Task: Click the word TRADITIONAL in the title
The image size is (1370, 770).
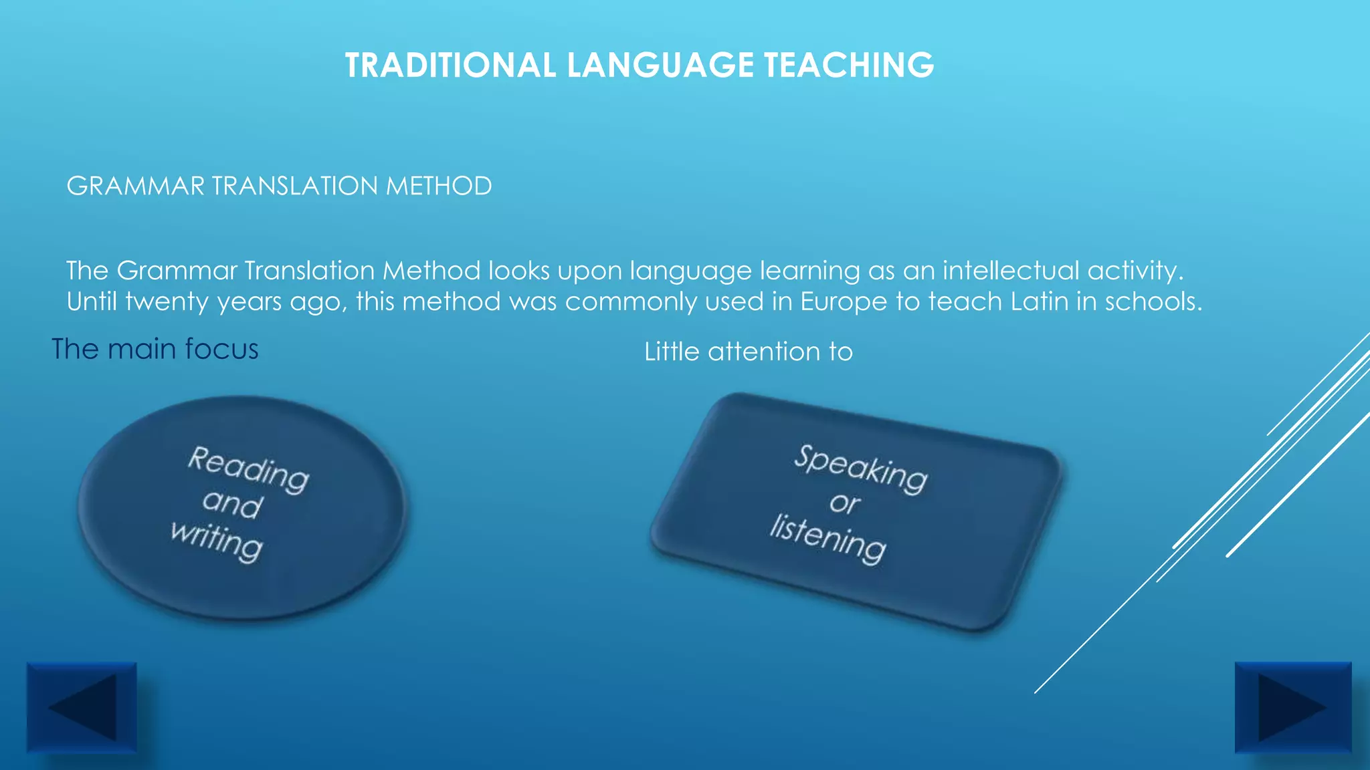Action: pyautogui.click(x=450, y=66)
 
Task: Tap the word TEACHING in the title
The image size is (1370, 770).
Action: pyautogui.click(x=849, y=66)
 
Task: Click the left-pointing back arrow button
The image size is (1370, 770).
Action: pyautogui.click(x=82, y=707)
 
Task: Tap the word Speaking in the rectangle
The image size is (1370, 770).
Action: pyautogui.click(x=861, y=468)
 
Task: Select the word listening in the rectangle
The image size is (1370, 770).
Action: pyautogui.click(x=828, y=539)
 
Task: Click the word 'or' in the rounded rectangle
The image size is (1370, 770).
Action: pyautogui.click(x=845, y=503)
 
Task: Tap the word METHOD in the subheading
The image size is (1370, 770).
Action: pyautogui.click(x=438, y=186)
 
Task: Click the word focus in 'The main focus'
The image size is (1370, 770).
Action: pyautogui.click(x=221, y=350)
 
